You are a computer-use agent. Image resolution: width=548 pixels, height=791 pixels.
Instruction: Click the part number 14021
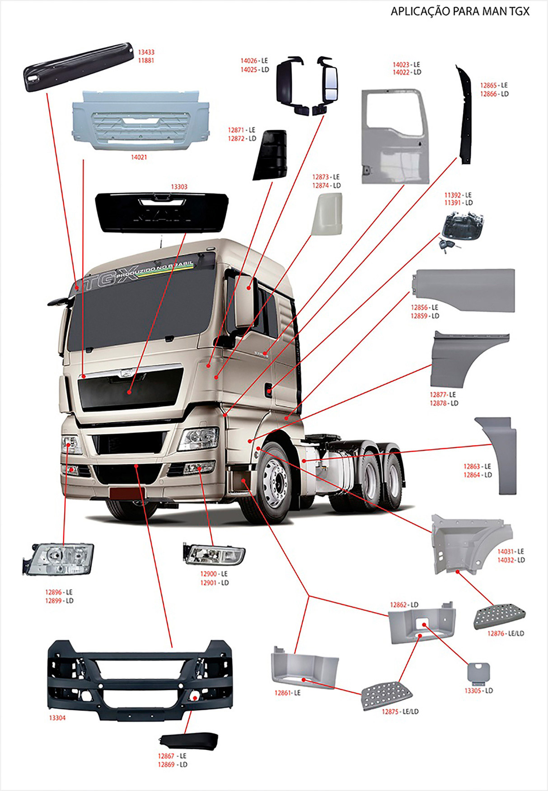pos(139,157)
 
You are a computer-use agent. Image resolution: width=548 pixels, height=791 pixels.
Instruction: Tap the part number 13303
pos(179,187)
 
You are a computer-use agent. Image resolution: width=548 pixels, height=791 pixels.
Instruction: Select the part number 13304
pos(57,717)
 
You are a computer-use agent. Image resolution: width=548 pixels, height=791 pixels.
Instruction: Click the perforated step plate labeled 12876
pos(499,616)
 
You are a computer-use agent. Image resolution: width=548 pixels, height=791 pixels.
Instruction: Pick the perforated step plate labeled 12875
pos(388,696)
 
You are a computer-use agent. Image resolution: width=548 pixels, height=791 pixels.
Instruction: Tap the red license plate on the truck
pos(127,493)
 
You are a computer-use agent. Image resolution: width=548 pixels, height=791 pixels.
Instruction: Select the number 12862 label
pos(400,604)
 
